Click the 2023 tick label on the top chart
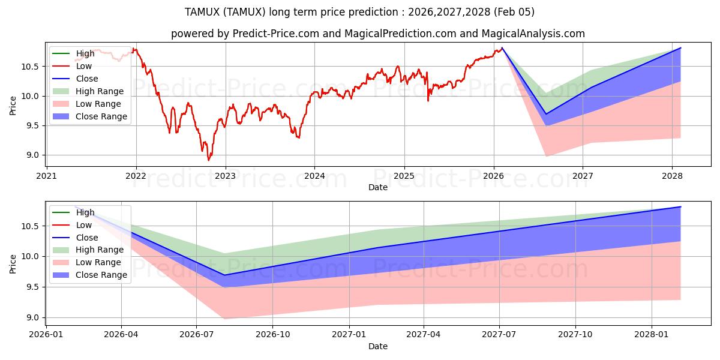click(225, 176)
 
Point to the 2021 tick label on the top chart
click(46, 176)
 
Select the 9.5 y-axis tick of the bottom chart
click(30, 287)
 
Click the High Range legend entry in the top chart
click(99, 91)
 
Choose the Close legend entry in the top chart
click(86, 79)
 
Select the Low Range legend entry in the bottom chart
click(98, 262)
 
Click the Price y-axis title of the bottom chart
click(13, 263)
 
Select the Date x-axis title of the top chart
click(378, 187)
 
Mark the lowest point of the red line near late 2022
click(209, 160)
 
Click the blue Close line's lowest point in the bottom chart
click(224, 275)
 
